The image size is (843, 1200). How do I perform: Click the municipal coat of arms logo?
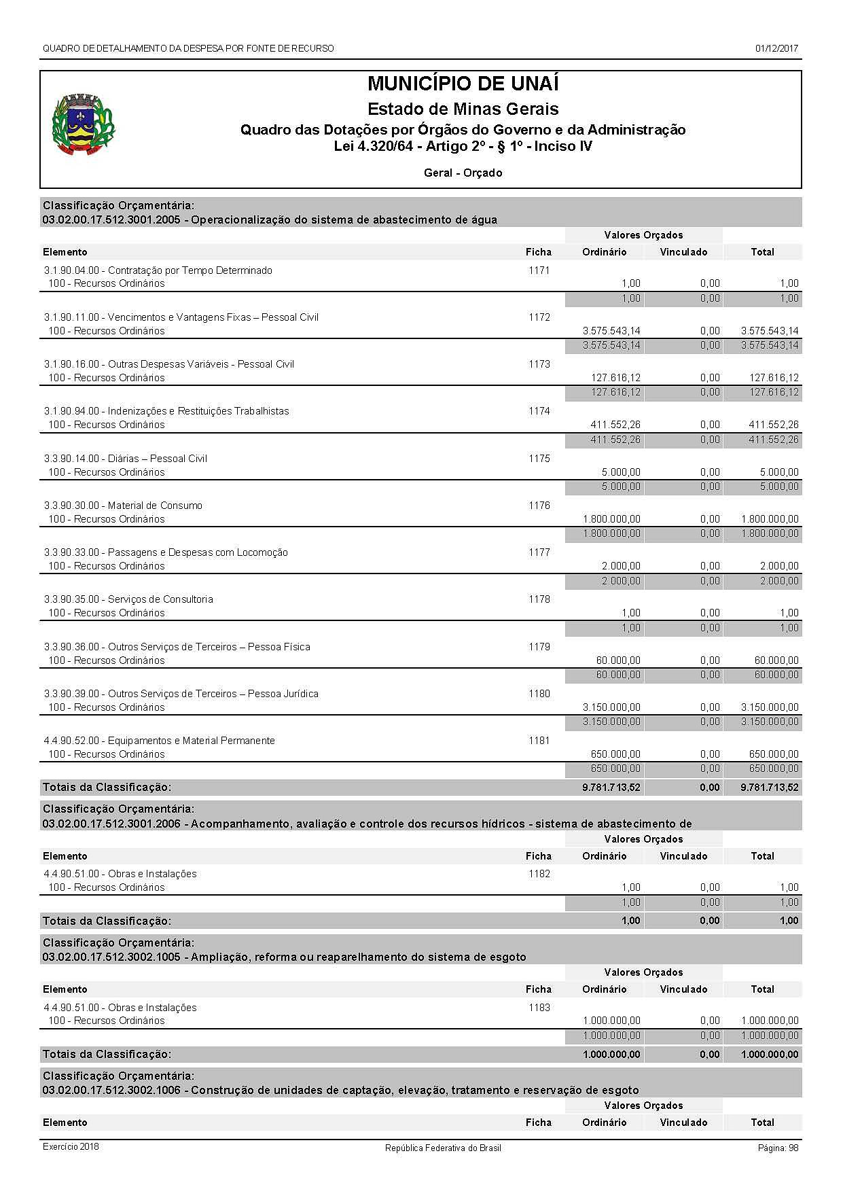click(x=83, y=125)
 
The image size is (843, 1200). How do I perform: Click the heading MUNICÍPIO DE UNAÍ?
click(x=463, y=84)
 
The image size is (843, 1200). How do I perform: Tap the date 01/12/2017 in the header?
click(x=776, y=49)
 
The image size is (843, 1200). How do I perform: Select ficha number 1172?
click(x=539, y=317)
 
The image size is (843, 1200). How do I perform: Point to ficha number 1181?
click(x=539, y=741)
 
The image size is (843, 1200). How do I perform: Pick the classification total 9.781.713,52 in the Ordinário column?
click(x=611, y=788)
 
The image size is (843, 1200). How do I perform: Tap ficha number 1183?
click(x=539, y=1008)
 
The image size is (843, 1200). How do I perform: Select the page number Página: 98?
click(x=778, y=1148)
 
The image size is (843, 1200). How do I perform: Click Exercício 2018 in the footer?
click(x=71, y=1147)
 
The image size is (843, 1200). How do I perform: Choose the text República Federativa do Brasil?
click(x=443, y=1148)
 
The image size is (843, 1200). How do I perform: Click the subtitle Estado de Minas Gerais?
click(x=463, y=109)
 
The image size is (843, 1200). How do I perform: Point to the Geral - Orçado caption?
click(x=463, y=173)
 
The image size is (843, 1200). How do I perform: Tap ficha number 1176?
click(x=539, y=506)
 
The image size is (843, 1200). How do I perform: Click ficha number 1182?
click(x=539, y=874)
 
